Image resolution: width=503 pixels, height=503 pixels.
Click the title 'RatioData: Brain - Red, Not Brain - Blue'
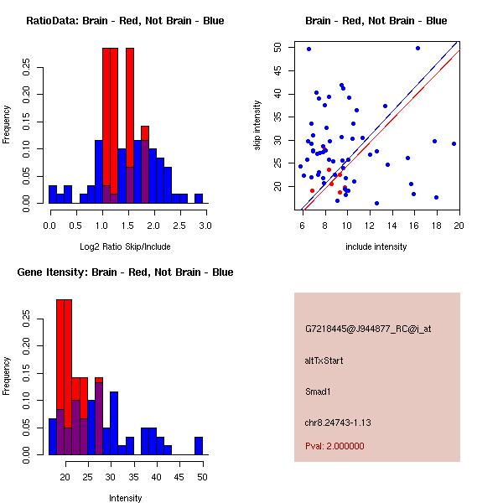[x=125, y=20]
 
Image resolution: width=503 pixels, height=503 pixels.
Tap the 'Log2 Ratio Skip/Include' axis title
[x=125, y=246]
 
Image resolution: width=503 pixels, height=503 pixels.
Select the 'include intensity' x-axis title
[x=376, y=246]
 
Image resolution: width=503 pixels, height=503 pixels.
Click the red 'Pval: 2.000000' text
[x=334, y=446]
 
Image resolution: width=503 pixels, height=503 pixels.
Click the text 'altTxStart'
[x=324, y=360]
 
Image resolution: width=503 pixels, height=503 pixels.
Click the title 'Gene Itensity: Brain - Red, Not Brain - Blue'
[x=125, y=272]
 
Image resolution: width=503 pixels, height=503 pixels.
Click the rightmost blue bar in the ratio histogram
[x=199, y=199]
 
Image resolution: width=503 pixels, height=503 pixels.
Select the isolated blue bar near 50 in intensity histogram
[x=199, y=446]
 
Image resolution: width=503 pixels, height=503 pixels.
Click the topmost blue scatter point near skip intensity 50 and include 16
[x=417, y=48]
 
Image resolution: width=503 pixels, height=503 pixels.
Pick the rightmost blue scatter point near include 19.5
[x=454, y=143]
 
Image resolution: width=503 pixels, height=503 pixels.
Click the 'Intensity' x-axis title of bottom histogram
[x=125, y=498]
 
